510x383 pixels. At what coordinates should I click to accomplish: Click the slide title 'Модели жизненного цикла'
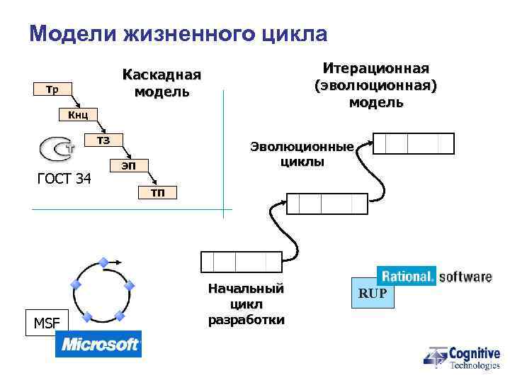pos(178,34)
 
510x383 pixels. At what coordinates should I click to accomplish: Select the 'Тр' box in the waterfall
pos(52,89)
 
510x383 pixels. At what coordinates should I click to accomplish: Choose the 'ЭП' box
pos(128,166)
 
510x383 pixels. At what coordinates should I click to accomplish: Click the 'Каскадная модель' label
pos(161,84)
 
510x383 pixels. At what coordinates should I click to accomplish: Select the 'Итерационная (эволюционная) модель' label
pos(376,85)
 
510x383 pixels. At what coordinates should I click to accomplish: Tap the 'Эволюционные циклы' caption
pos(301,154)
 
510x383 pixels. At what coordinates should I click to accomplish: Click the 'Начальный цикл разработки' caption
pos(246,304)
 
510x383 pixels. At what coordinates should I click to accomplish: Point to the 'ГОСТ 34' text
pos(64,179)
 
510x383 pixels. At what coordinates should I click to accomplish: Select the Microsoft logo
pos(98,344)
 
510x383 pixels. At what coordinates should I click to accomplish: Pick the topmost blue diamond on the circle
pos(103,262)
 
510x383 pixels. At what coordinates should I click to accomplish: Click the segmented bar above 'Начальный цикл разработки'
pos(241,262)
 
